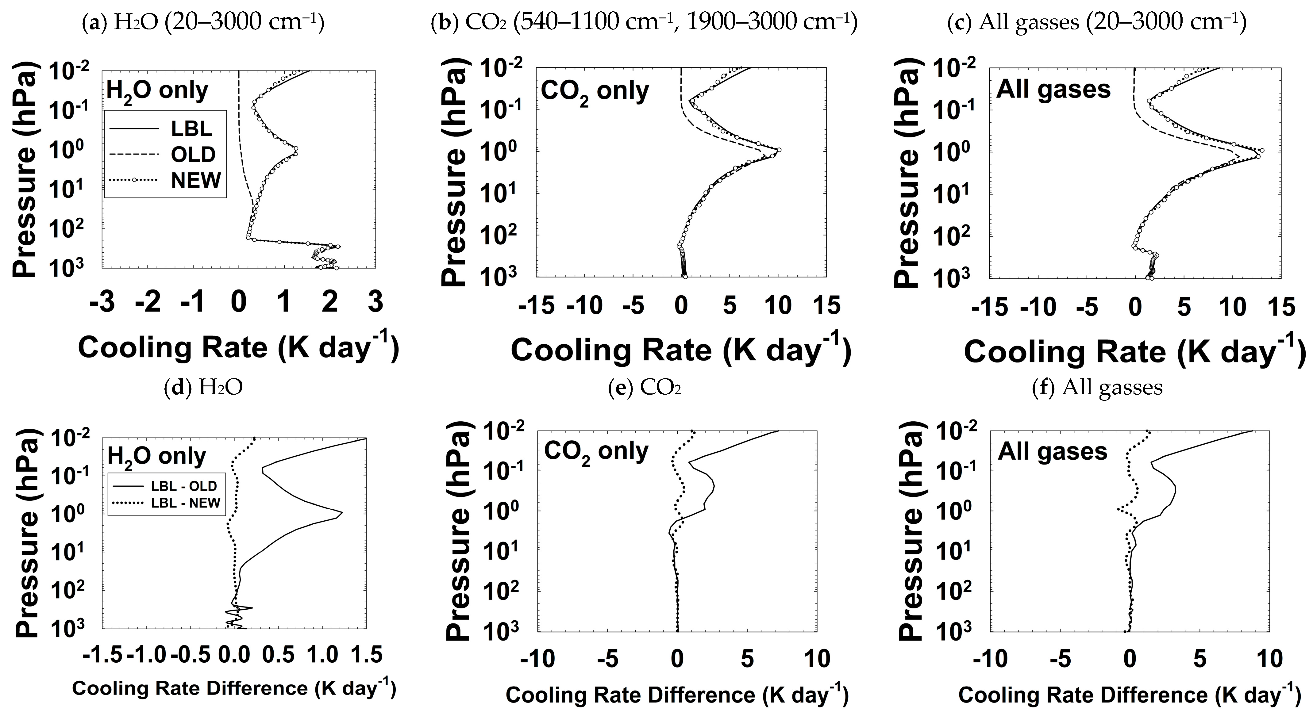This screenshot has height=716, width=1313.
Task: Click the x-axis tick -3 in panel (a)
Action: (x=102, y=302)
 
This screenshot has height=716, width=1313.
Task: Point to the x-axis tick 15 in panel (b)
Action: (x=826, y=306)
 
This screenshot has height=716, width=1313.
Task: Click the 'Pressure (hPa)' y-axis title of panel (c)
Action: (x=907, y=175)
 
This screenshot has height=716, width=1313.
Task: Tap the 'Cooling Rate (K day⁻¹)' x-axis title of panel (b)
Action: (x=681, y=350)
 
